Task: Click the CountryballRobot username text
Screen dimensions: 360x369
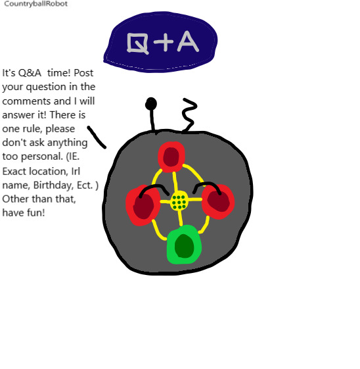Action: pos(36,4)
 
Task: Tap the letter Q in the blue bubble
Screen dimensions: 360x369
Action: pos(137,43)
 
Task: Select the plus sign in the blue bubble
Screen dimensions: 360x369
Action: pos(164,42)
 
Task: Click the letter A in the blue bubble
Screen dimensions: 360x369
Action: pos(188,41)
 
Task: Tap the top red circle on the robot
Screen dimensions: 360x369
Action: pos(171,157)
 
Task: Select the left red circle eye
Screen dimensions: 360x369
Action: pos(143,205)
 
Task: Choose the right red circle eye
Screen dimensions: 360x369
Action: pos(218,201)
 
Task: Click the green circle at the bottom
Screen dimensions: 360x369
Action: pos(184,245)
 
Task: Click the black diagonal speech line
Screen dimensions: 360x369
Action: pos(97,137)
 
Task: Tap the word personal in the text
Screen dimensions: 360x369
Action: pos(42,157)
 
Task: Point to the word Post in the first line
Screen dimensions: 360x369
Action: pos(83,73)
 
